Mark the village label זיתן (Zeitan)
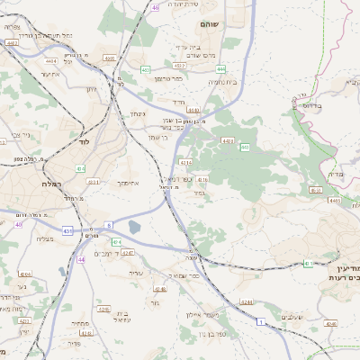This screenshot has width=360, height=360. point(91,88)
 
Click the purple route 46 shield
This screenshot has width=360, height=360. point(155,6)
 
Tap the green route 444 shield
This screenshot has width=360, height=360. point(220,68)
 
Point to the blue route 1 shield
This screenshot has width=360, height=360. point(260,321)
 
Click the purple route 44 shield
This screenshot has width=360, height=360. point(81,259)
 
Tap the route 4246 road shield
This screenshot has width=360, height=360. point(160,289)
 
